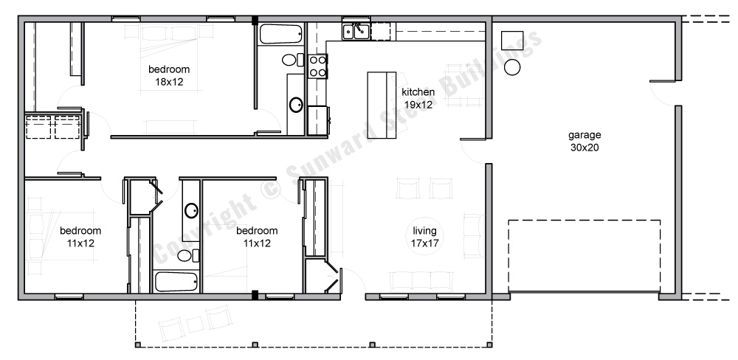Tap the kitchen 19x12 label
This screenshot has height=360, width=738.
pos(418,98)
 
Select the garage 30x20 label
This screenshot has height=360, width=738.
pos(584,141)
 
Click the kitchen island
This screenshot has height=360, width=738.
pos(382,105)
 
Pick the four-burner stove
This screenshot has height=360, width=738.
pos(317,66)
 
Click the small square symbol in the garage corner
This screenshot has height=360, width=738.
pos(511,40)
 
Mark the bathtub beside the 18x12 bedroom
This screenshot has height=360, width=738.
pos(280,35)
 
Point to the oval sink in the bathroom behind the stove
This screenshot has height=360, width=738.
pos(296,104)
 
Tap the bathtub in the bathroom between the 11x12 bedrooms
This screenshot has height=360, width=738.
pos(176,283)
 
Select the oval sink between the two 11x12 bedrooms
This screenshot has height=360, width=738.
pos(191,210)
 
